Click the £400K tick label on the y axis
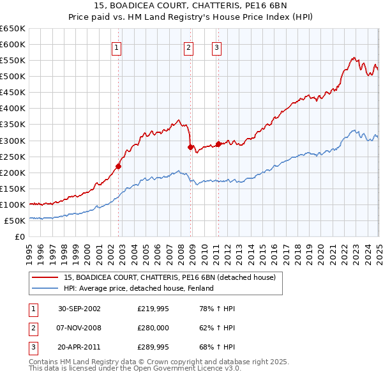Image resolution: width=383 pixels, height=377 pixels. tap(13, 108)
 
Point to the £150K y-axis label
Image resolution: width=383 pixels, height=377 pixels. tap(13, 188)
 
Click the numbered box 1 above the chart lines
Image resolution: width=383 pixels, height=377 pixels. tap(117, 47)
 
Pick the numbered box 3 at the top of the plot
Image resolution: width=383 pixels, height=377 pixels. tap(216, 47)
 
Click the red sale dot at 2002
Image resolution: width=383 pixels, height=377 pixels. tap(118, 166)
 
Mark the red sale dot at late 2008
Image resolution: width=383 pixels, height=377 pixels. tap(190, 147)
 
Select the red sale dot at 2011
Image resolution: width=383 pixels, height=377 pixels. tap(218, 144)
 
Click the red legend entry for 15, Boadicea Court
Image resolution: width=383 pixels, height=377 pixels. tap(169, 277)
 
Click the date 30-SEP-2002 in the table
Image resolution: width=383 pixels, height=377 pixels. tap(79, 309)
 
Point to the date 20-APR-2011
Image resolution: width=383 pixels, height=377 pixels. tap(79, 348)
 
